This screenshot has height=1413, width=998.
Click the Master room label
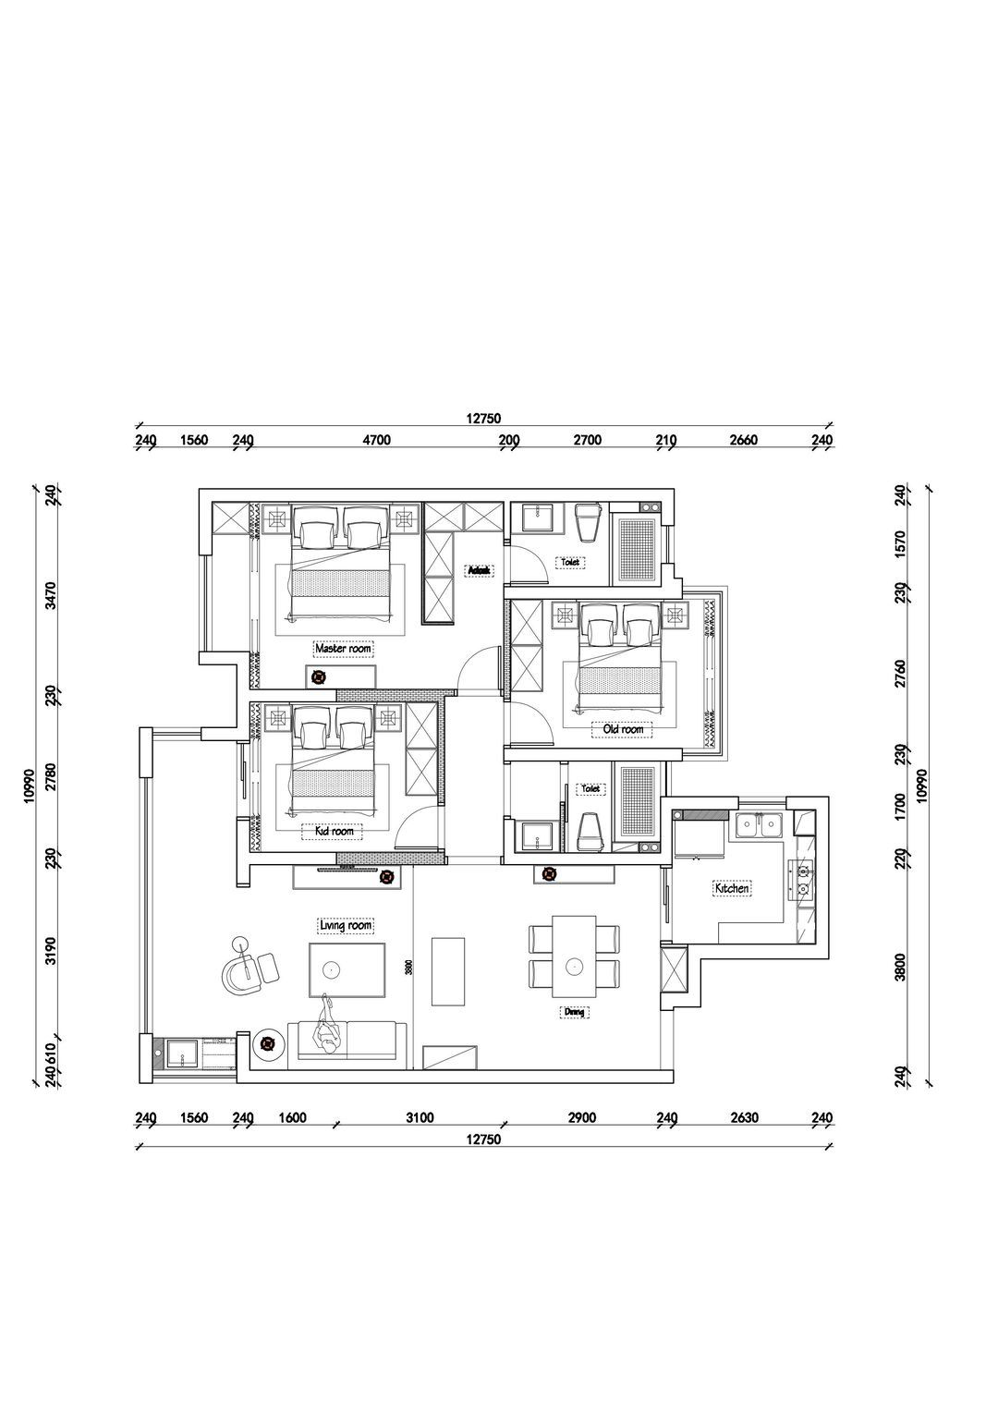click(343, 649)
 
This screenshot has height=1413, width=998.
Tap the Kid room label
click(334, 832)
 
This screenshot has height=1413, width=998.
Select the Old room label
click(622, 730)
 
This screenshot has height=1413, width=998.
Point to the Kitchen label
click(731, 889)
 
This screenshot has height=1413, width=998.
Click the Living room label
click(345, 925)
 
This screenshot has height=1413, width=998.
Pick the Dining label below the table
click(574, 1013)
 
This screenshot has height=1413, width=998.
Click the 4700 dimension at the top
click(377, 441)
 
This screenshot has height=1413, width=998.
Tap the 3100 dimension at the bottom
click(419, 1118)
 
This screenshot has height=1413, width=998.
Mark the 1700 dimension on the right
click(900, 797)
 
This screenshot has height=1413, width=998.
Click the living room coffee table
click(347, 970)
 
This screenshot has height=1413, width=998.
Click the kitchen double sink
click(760, 825)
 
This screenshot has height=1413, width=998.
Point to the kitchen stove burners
click(801, 880)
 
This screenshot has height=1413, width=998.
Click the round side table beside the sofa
click(268, 1046)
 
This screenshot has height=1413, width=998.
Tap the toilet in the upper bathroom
click(587, 525)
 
